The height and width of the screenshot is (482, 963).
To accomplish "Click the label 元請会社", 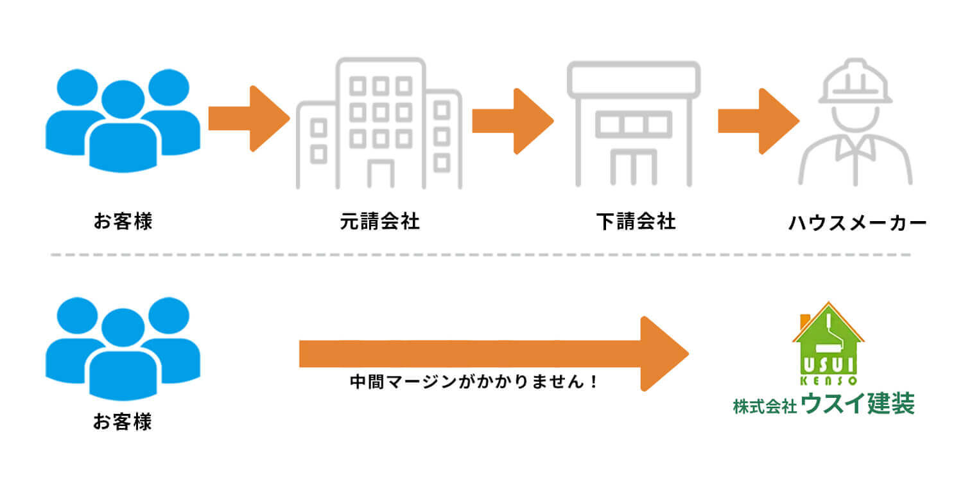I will click(x=379, y=222).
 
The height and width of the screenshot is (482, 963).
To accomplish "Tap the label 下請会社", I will click(x=636, y=222).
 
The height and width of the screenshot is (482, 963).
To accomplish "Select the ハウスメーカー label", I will click(x=857, y=223).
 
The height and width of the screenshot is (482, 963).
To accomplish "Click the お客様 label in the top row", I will click(x=123, y=222).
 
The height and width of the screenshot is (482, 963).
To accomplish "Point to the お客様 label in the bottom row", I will click(x=123, y=422).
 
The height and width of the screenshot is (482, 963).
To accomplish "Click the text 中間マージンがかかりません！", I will click(x=474, y=382).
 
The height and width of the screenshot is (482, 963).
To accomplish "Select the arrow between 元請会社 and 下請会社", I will click(x=512, y=121).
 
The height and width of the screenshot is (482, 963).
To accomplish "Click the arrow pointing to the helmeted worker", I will click(x=758, y=121).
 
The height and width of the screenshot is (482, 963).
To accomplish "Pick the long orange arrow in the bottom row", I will click(x=493, y=353).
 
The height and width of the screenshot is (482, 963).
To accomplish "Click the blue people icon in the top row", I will click(x=123, y=120).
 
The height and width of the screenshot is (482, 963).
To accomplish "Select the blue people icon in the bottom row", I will click(x=123, y=347).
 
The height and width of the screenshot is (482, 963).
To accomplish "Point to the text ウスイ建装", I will click(x=858, y=406).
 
